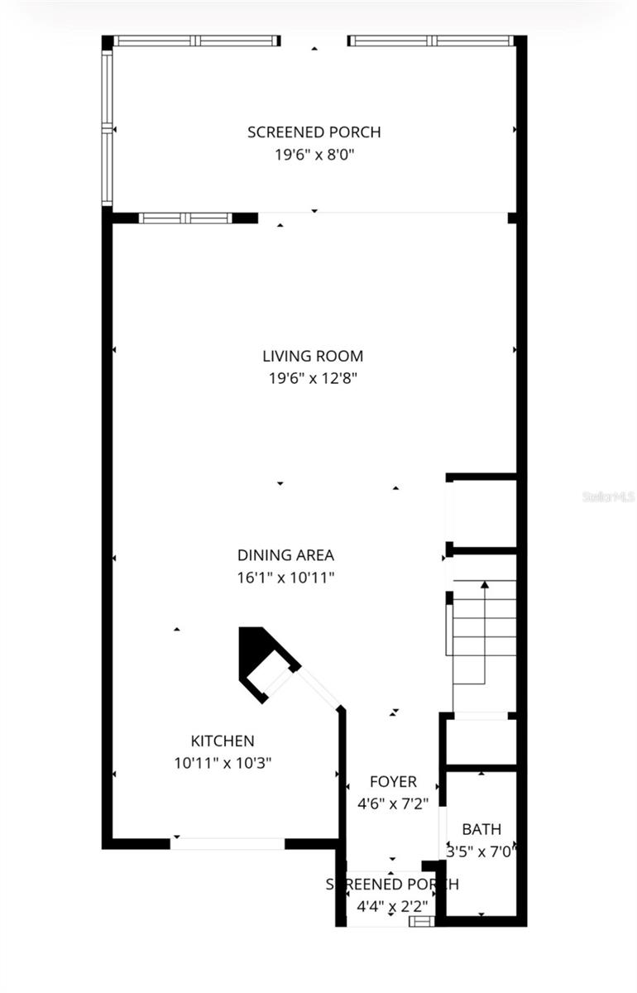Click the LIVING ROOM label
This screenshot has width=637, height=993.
313,357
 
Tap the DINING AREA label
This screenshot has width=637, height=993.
285,555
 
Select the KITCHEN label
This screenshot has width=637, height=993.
223,741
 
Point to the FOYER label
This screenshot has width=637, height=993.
393,781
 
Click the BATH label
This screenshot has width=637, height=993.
481,828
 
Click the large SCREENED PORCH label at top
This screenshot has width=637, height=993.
314,132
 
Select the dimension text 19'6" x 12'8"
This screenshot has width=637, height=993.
313,378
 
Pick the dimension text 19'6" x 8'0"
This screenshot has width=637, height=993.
314,154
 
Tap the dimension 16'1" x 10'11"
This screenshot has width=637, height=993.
285,578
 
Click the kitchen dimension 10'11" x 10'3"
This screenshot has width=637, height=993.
223,763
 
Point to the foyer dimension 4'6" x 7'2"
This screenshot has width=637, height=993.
393,803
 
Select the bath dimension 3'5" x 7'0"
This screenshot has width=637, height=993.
481,850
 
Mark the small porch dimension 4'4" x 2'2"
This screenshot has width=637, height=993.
391,906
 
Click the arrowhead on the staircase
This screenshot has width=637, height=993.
485,585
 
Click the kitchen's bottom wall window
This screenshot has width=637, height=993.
227,843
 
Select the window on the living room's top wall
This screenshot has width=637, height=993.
185,218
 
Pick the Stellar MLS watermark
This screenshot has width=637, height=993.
608,497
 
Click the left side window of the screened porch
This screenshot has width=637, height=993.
107,128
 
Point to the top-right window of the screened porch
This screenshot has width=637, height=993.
433,41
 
